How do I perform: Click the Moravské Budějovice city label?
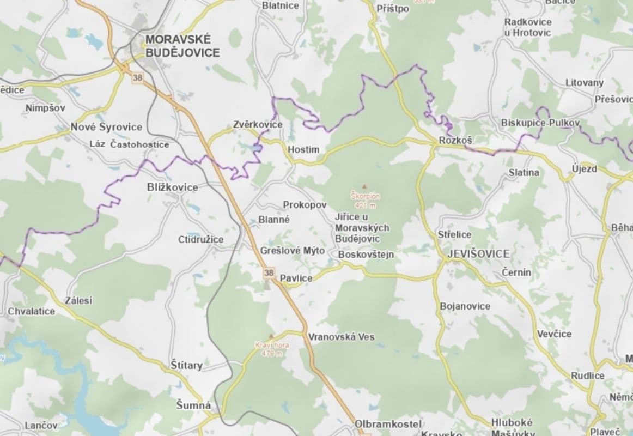coord(182,46)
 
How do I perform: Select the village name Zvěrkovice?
coord(258,125)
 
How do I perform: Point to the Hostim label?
coord(303,149)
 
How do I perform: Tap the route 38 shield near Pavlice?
coord(268,272)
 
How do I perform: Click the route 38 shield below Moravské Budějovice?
coord(137,78)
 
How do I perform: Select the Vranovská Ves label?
coord(341,337)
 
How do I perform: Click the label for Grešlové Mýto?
coord(293,251)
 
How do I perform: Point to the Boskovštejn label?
coord(366,255)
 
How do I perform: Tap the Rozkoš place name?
coord(455,141)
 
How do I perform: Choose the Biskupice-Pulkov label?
coord(540,123)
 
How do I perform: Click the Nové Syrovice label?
coord(106,127)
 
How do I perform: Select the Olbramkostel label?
coord(388,424)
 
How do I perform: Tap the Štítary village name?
coord(186,365)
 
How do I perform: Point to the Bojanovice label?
coord(465,306)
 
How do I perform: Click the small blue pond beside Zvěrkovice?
coord(255,148)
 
